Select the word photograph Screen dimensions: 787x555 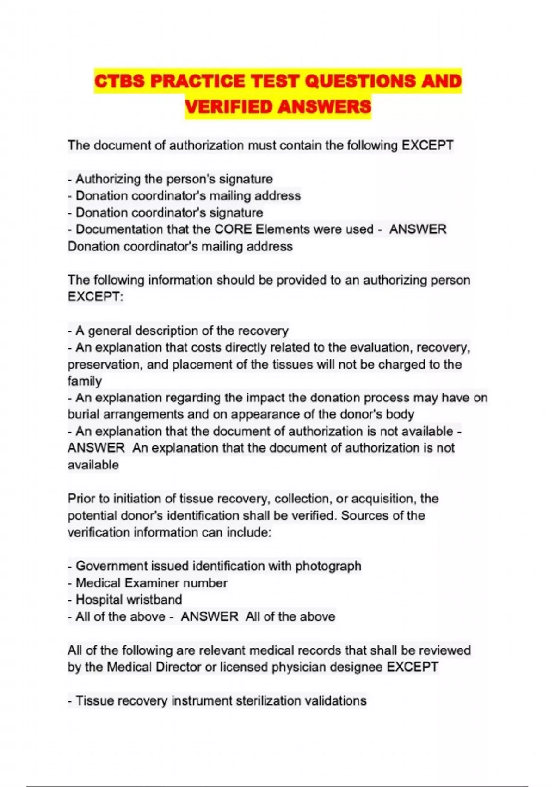(328, 566)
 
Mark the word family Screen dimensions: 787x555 (85, 381)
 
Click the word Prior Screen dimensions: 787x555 (81, 499)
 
